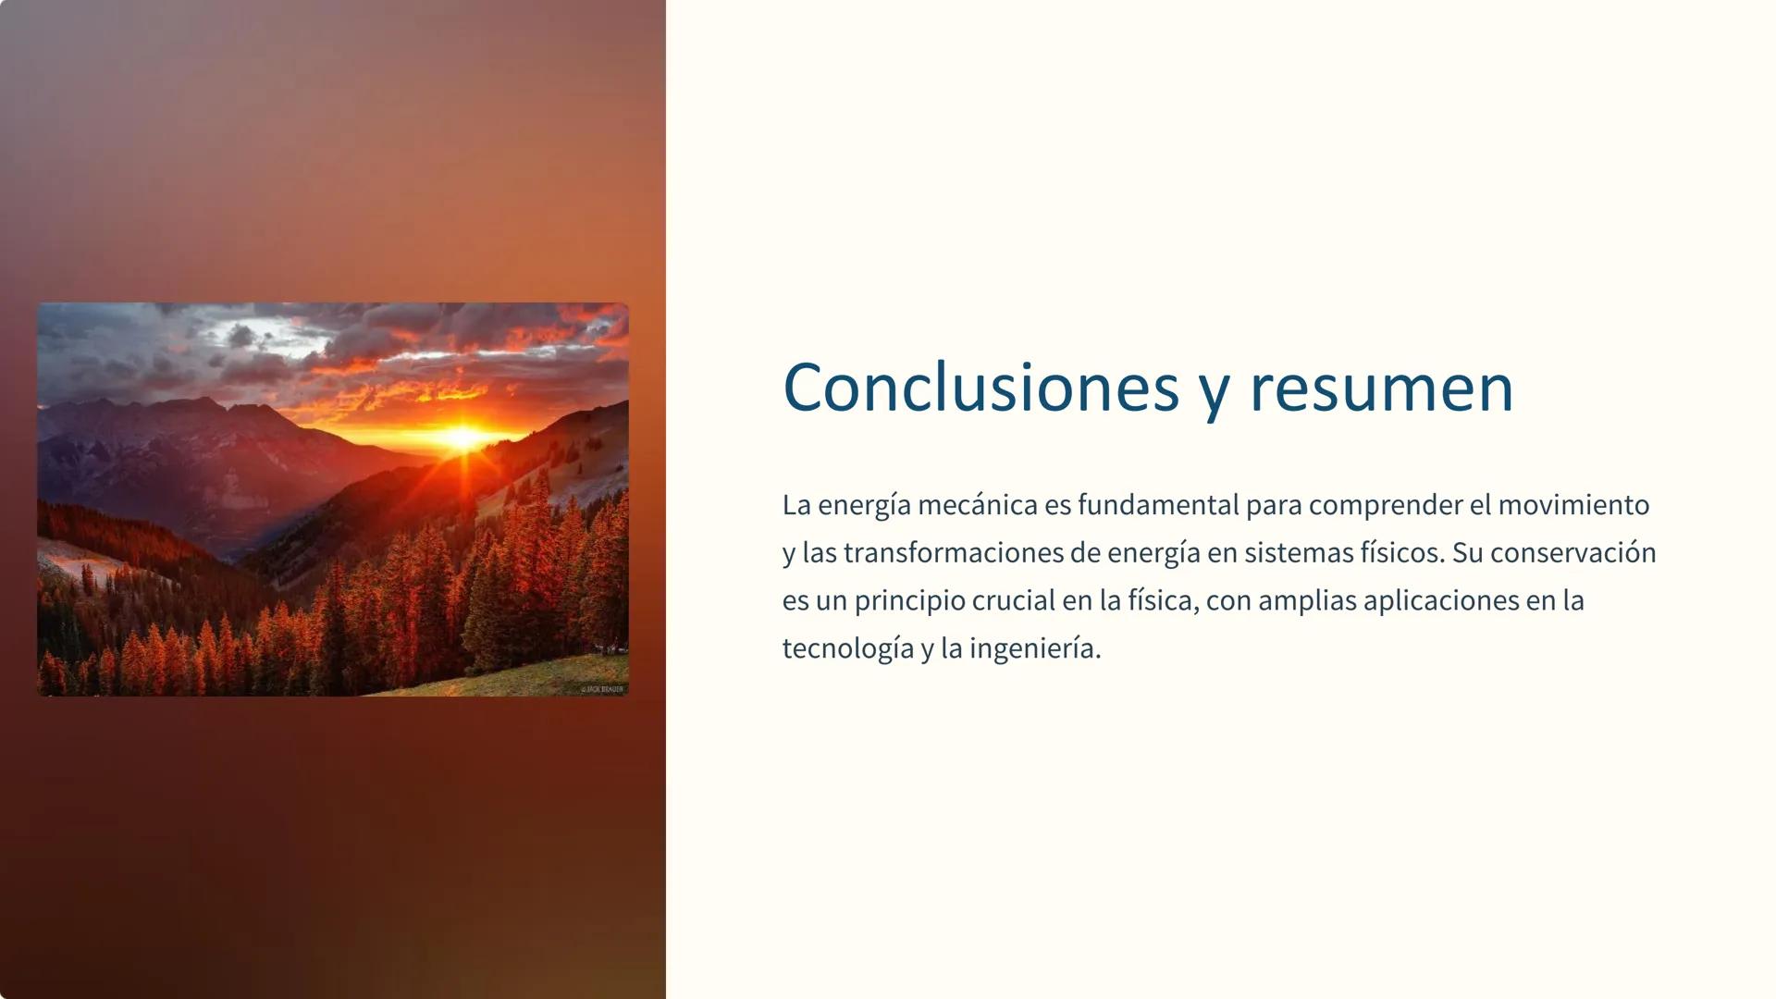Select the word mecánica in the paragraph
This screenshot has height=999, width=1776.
click(964, 505)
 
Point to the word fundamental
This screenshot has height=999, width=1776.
click(1157, 505)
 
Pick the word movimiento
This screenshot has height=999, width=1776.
click(1573, 505)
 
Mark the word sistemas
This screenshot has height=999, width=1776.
click(1297, 553)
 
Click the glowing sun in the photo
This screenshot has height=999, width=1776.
click(462, 436)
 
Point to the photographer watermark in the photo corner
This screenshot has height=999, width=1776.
click(602, 689)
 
